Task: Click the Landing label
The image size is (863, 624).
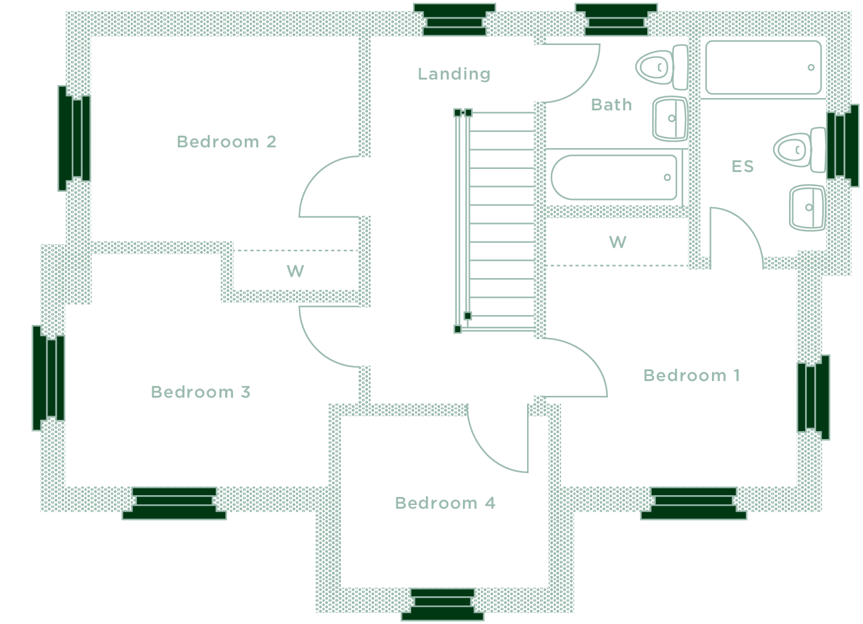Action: click(454, 74)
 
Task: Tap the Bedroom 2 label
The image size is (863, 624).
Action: click(226, 142)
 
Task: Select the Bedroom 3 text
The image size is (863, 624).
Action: click(200, 392)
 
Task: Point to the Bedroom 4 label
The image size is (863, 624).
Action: click(444, 503)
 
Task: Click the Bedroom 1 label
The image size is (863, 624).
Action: click(691, 376)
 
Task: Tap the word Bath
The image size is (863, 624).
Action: click(611, 105)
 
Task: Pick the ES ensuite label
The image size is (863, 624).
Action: click(742, 166)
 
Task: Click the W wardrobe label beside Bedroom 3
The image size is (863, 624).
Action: click(295, 271)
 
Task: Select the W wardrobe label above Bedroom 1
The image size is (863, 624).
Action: click(618, 242)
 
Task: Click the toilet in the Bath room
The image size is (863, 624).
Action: click(662, 67)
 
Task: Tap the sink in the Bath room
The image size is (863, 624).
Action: click(669, 118)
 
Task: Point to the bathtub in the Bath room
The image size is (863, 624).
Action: click(614, 177)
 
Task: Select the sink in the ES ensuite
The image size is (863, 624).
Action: click(807, 207)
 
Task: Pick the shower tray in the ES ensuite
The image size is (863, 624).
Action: click(763, 67)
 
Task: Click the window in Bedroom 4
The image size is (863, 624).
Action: click(443, 604)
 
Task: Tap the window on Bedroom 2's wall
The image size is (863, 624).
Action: click(74, 138)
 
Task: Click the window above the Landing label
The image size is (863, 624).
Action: click(454, 19)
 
